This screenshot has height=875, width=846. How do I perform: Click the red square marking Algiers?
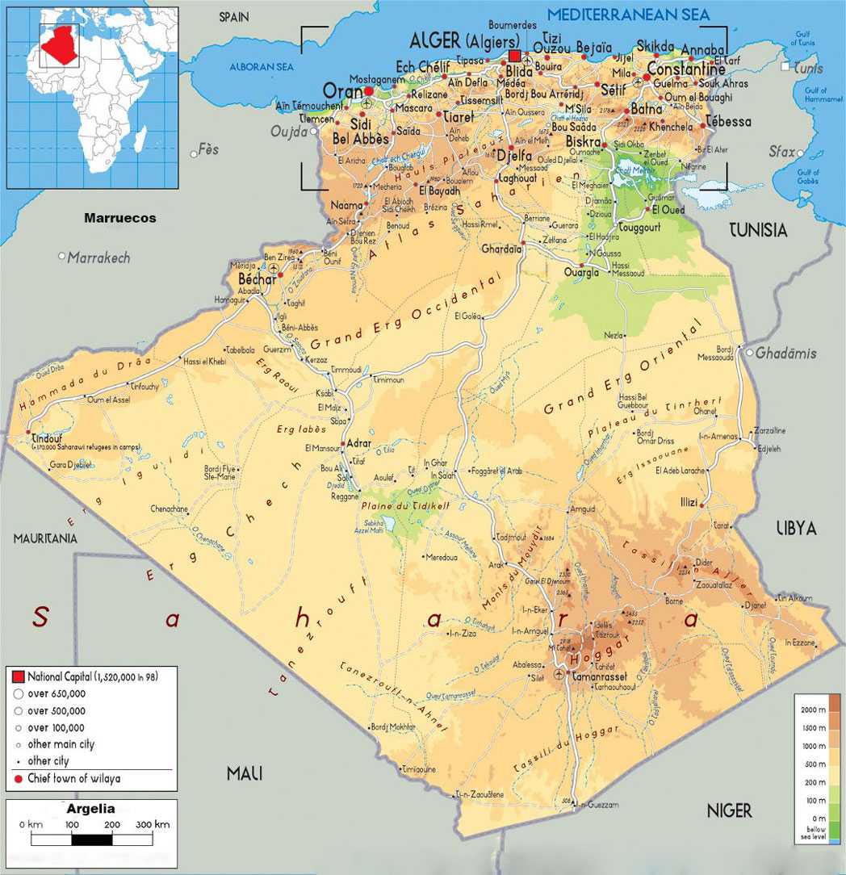click(x=515, y=56)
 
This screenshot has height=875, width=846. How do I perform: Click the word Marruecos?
click(x=120, y=218)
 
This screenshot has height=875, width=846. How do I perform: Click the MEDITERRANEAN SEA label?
click(x=629, y=15)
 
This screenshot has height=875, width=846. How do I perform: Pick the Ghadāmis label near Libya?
click(x=786, y=353)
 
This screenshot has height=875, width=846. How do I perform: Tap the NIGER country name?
click(x=729, y=810)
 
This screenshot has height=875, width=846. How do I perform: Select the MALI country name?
click(x=245, y=773)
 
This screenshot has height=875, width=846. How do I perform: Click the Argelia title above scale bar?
click(x=90, y=808)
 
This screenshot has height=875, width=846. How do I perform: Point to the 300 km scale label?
click(x=153, y=824)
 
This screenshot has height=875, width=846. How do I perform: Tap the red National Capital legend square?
click(x=18, y=676)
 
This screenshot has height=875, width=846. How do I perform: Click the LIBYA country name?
click(x=796, y=528)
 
